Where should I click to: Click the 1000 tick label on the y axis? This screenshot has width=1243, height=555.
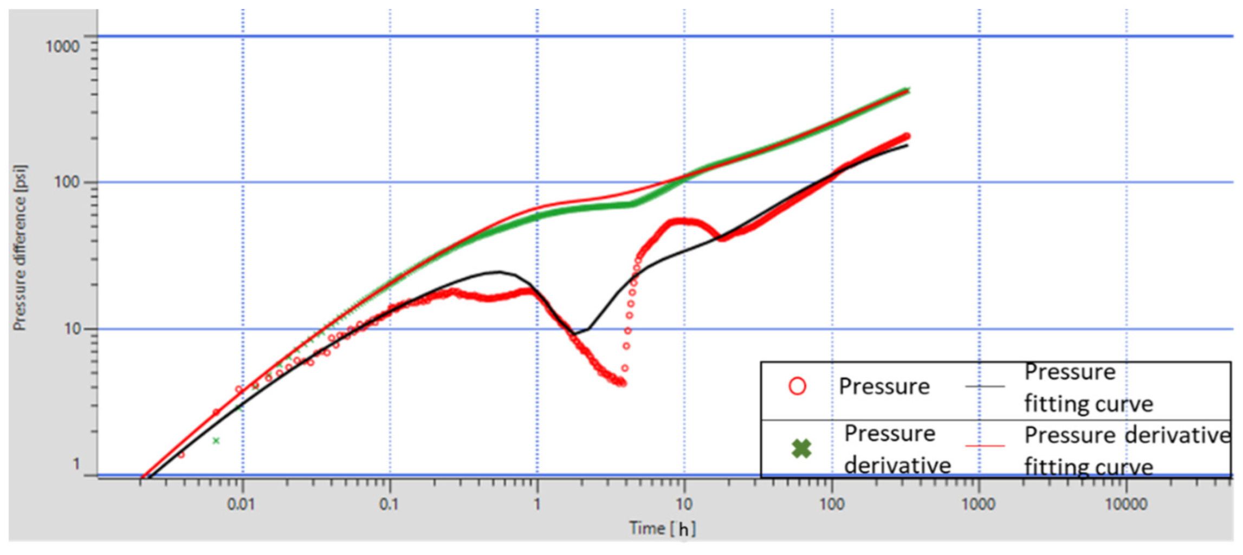62,47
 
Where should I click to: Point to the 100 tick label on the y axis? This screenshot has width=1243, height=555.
67,182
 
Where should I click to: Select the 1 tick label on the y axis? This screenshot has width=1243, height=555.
76,464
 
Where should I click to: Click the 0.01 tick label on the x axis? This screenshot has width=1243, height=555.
241,505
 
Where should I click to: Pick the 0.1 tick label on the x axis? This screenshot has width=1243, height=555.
389,505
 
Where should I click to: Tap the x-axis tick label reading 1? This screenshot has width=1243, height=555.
536,505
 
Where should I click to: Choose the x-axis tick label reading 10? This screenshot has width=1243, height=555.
684,505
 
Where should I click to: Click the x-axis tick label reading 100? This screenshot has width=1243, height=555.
831,505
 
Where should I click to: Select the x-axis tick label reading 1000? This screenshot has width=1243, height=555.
978,505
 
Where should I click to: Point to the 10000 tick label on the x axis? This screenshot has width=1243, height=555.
1126,505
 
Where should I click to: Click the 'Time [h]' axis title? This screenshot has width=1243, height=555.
662,528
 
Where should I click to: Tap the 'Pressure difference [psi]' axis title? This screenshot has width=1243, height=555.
20,248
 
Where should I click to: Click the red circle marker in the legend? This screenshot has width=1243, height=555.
797,386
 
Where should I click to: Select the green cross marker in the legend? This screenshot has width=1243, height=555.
801,448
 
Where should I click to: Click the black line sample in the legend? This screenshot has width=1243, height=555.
985,386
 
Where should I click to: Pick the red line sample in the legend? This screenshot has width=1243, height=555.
985,446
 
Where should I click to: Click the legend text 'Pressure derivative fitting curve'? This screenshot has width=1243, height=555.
1127,450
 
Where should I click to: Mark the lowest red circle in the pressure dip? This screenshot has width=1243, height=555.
623,383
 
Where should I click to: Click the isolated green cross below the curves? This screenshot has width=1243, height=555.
216,441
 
